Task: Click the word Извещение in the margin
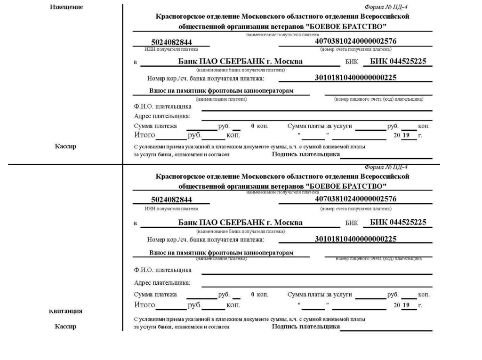tap(66, 7)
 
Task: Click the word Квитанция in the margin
tap(66, 311)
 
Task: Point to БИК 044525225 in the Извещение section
tap(398, 61)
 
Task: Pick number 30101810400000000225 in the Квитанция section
tap(355, 239)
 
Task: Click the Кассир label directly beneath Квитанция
tap(65, 327)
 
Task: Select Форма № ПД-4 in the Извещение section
tap(386, 8)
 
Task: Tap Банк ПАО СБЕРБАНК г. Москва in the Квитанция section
tap(240, 222)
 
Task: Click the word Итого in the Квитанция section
tap(145, 305)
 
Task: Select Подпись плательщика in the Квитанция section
tap(305, 326)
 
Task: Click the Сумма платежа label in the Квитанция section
tap(155, 295)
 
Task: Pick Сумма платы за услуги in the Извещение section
tap(320, 126)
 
